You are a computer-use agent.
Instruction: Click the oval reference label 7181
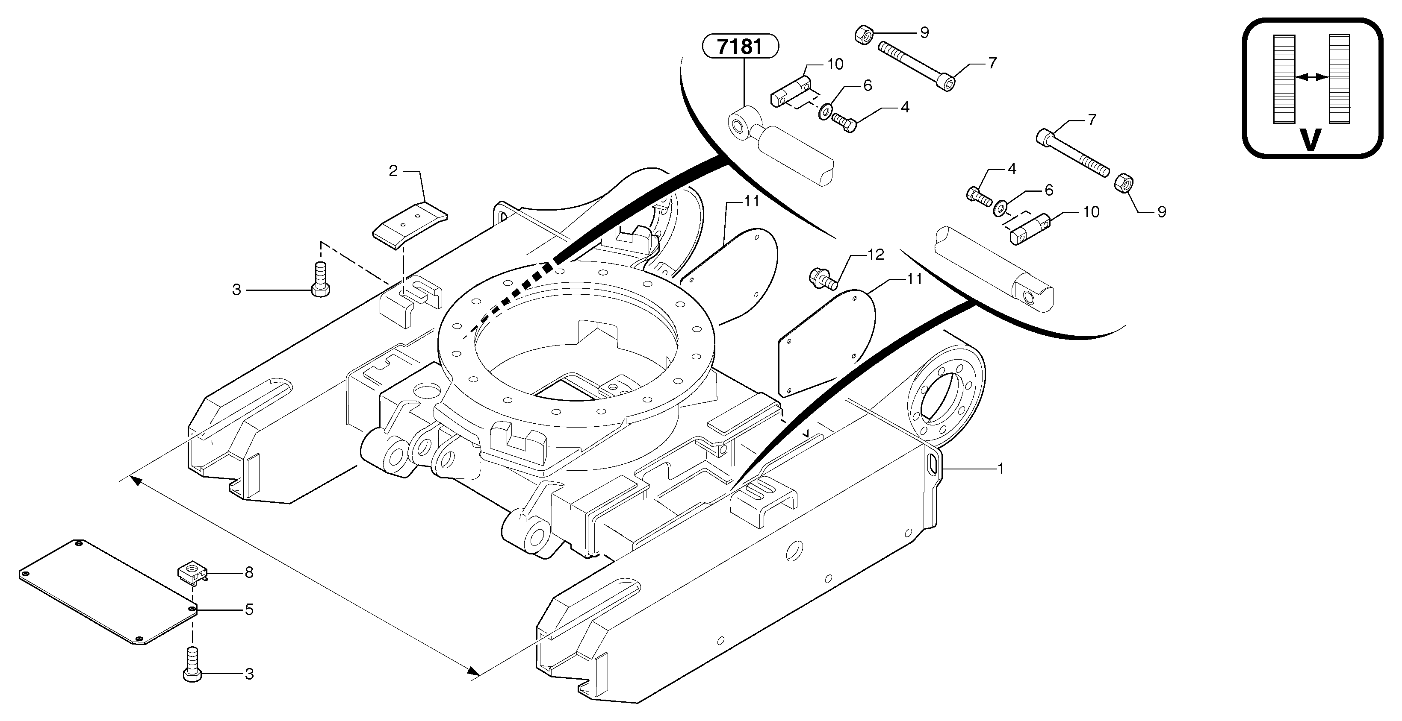coord(740,47)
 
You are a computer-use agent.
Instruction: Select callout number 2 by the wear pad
coord(393,171)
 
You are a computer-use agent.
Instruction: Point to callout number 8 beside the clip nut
coord(249,572)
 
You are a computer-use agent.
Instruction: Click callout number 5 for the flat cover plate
coord(249,610)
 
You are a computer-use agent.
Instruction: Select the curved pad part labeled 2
coord(409,223)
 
